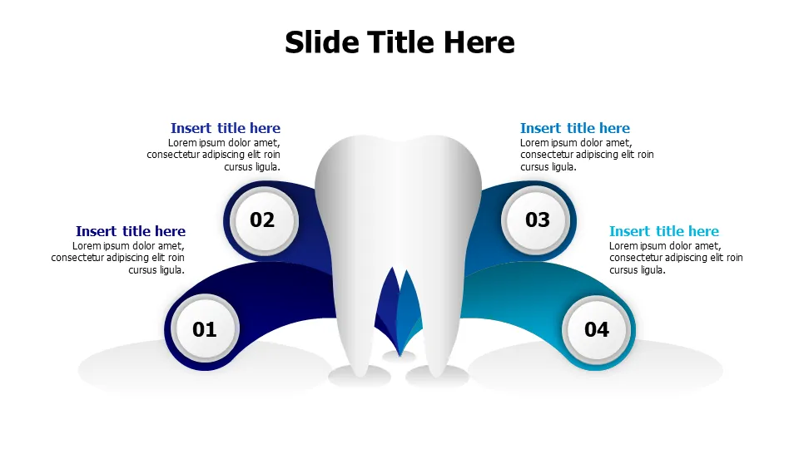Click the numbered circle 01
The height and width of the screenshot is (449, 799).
click(x=205, y=329)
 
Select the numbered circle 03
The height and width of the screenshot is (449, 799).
click(x=536, y=220)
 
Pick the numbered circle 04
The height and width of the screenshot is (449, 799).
click(x=596, y=329)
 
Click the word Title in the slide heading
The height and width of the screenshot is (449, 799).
click(x=400, y=42)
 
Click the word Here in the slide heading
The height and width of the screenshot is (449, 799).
click(x=479, y=42)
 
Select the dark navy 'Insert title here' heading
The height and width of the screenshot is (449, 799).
click(x=131, y=231)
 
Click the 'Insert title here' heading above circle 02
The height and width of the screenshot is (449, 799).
click(x=226, y=128)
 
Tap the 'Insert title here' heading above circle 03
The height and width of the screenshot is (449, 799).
click(x=575, y=128)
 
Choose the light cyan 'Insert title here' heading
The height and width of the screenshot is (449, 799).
click(x=664, y=231)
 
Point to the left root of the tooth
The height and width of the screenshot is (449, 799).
click(x=357, y=326)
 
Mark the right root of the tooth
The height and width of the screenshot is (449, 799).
click(x=439, y=326)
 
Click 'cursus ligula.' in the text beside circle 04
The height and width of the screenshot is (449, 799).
click(x=638, y=270)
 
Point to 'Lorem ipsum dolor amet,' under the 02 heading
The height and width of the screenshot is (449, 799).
click(x=224, y=143)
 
